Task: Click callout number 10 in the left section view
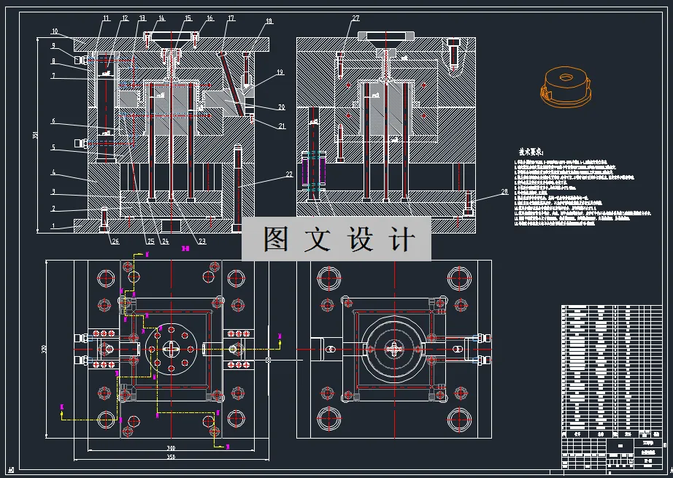click(x=55, y=31)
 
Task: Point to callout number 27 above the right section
click(x=355, y=18)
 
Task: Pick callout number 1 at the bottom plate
click(x=53, y=227)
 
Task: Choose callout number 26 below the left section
click(x=115, y=242)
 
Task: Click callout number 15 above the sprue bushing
click(x=188, y=18)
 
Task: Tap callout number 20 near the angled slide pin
click(x=281, y=107)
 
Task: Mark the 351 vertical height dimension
click(x=35, y=135)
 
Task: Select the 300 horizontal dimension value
click(x=171, y=448)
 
